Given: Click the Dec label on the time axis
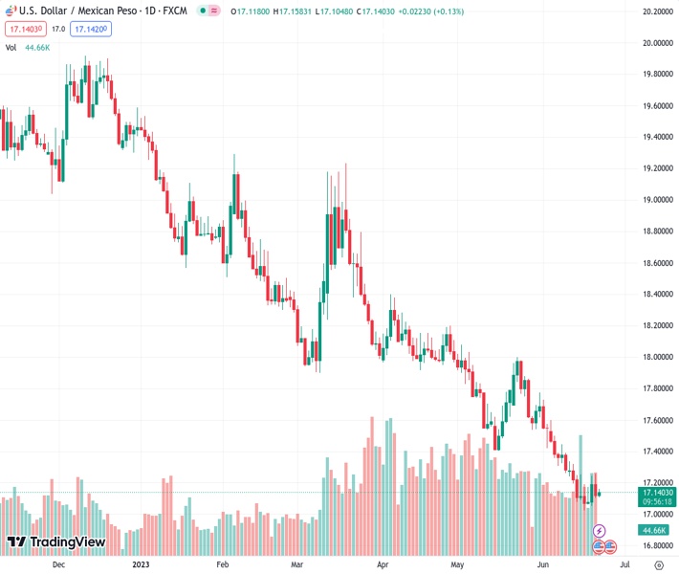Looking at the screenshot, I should tap(58, 565).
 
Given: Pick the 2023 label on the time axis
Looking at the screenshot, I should tap(142, 565).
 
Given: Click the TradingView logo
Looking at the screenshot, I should tap(55, 542).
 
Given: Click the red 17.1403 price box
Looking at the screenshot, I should tap(25, 29).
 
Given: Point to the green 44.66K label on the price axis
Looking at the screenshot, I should tap(654, 530).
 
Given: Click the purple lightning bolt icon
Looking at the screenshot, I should tap(600, 530).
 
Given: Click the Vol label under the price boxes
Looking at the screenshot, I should tap(11, 46).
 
